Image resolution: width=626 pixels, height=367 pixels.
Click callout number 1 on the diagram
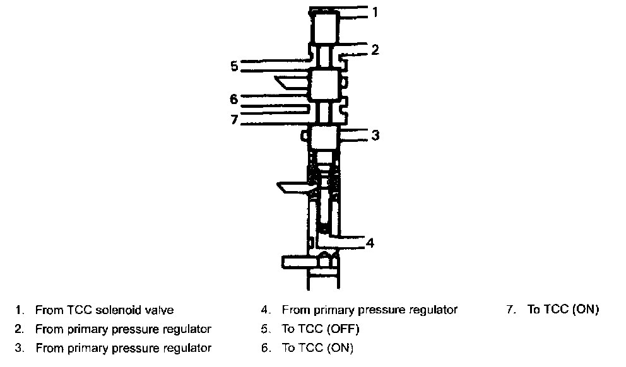point(375,12)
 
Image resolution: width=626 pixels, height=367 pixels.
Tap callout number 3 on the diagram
point(375,134)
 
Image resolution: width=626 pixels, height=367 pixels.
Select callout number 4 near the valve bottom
point(371,242)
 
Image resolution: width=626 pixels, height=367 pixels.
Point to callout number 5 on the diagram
point(233,65)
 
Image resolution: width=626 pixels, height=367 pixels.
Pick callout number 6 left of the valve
point(233,99)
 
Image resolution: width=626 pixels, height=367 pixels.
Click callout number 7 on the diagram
point(234,119)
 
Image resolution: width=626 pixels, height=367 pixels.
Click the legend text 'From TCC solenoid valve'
point(104,310)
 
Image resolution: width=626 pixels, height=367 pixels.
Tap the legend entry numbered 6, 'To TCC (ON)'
point(317,347)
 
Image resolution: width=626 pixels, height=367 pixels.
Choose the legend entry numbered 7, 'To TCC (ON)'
point(563,310)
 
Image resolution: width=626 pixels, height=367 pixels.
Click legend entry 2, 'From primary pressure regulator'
point(123,329)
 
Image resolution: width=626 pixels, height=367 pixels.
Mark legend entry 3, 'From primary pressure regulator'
point(123,347)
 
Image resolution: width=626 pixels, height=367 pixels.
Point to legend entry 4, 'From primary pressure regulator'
point(369,310)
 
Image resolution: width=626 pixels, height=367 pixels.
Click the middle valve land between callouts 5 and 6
point(325,84)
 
